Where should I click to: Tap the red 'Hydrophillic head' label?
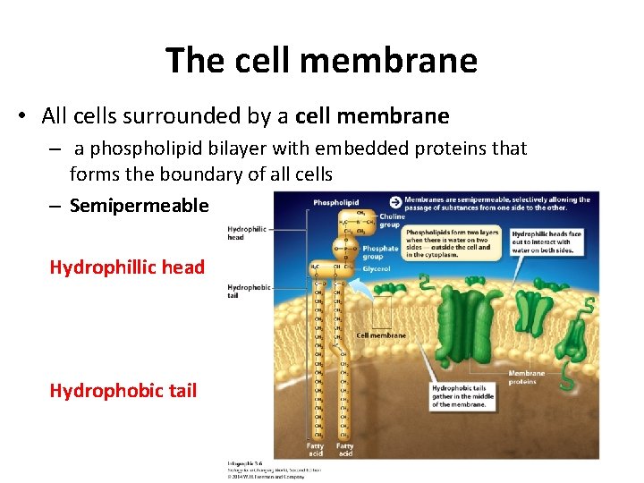(127, 267)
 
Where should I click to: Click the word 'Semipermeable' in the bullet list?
(139, 206)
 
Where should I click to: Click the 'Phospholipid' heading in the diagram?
(335, 203)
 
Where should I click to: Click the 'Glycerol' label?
(376, 268)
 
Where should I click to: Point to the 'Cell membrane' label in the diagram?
(381, 336)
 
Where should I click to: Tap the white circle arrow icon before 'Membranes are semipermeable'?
(394, 200)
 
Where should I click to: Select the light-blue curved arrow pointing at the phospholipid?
(360, 286)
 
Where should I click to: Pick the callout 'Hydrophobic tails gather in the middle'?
(460, 396)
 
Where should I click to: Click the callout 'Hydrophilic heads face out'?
(547, 241)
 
